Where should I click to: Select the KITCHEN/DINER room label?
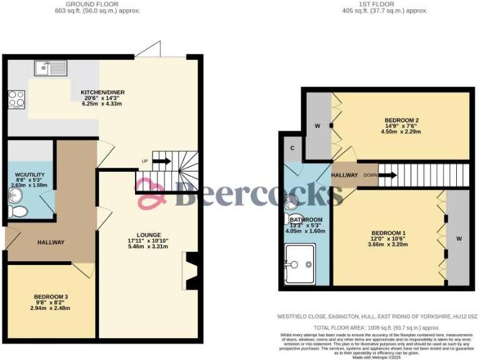pyautogui.click(x=102, y=92)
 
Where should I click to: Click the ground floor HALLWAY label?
pyautogui.click(x=51, y=242)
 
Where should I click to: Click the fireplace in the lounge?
pyautogui.click(x=191, y=271)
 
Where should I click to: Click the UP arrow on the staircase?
pyautogui.click(x=161, y=161)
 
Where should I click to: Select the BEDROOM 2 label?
pyautogui.click(x=401, y=120)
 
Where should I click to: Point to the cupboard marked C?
pyautogui.click(x=292, y=148)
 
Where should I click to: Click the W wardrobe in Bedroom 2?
pyautogui.click(x=317, y=126)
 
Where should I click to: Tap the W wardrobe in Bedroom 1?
pyautogui.click(x=458, y=238)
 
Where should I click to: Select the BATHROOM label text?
pyautogui.click(x=306, y=220)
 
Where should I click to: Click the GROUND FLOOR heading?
pyautogui.click(x=97, y=4)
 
